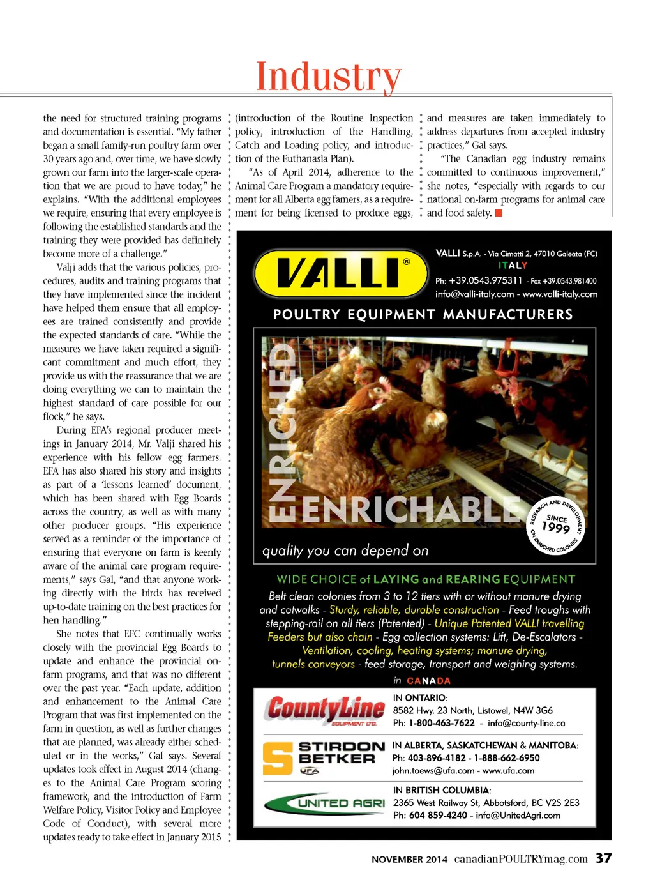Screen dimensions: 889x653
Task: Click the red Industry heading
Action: tap(328, 77)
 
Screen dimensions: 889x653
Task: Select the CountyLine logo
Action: tap(325, 710)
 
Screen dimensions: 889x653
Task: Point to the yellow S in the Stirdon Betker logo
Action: tap(277, 758)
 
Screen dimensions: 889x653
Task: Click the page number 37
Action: tap(603, 858)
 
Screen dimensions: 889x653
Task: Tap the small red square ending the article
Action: tap(499, 213)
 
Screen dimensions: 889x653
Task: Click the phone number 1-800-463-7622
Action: tap(442, 723)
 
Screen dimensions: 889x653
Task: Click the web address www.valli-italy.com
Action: tap(560, 294)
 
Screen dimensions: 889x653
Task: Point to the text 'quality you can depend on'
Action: tap(345, 551)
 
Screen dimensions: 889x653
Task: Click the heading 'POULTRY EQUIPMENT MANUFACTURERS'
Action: tap(423, 314)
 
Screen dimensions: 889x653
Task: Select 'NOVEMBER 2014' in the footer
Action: tap(409, 860)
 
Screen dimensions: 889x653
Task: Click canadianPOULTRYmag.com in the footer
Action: tap(521, 859)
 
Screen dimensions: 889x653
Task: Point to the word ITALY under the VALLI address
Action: tap(513, 266)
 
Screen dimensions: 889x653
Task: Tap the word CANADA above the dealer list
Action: tap(428, 681)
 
